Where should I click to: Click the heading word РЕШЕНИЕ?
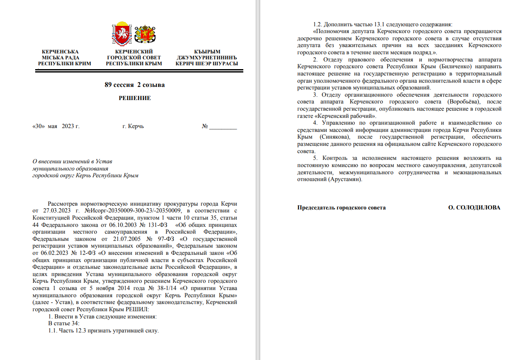(x=134, y=98)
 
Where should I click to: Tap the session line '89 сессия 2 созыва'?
(x=134, y=85)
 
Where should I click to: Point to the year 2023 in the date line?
(x=69, y=126)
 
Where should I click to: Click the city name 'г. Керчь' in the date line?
(x=133, y=126)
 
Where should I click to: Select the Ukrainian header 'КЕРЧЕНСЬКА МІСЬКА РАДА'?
(x=61, y=55)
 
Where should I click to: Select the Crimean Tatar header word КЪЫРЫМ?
(x=207, y=52)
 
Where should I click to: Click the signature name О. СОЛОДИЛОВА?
(x=474, y=208)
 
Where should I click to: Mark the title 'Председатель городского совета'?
(x=341, y=208)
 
